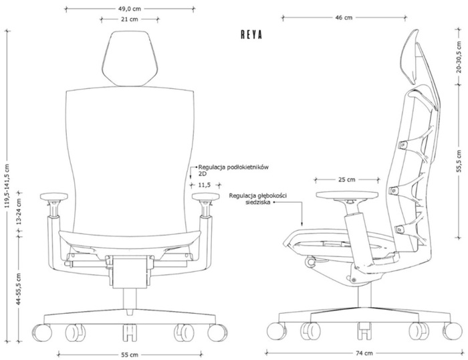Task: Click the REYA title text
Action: click(251, 35)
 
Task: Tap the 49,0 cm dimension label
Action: click(130, 9)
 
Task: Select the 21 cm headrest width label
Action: click(130, 19)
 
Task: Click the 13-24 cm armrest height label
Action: click(19, 211)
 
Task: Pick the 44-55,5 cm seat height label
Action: click(19, 288)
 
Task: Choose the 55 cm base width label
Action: click(130, 355)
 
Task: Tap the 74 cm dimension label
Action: click(364, 353)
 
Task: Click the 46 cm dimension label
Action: click(344, 17)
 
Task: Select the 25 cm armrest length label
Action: click(347, 179)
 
